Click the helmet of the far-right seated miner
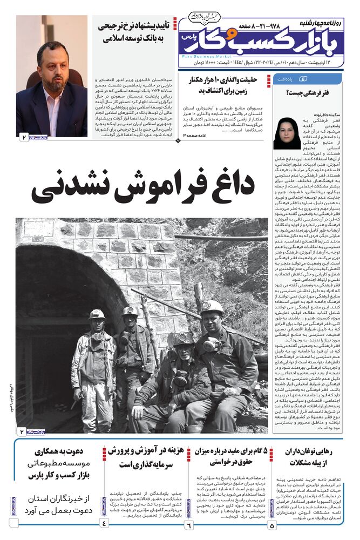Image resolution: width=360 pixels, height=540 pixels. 212,308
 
